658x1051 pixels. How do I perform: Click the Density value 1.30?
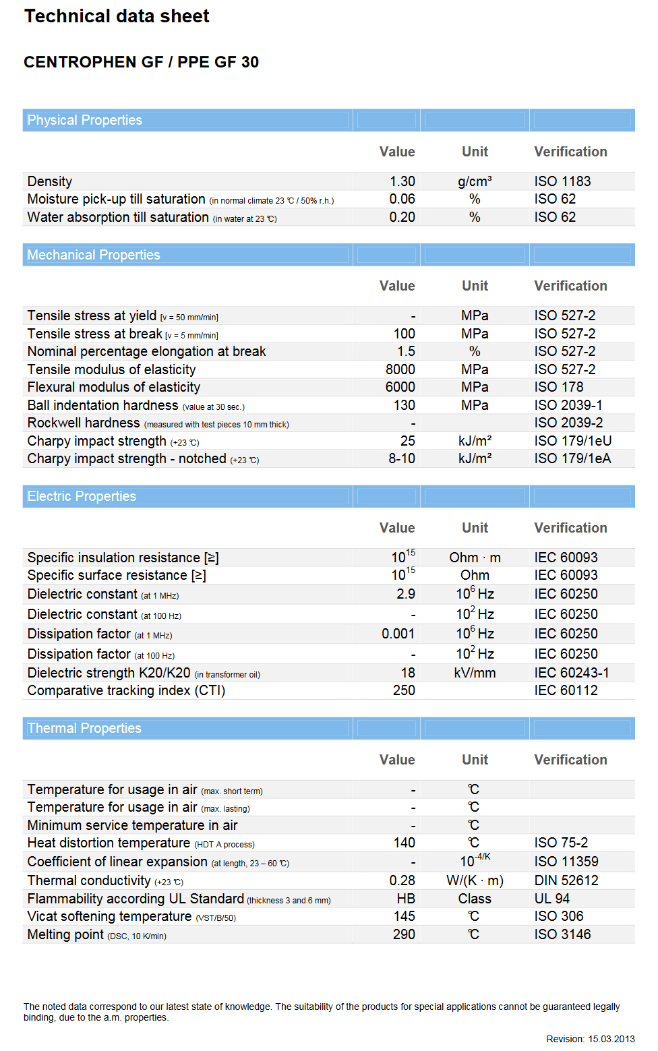[x=402, y=181]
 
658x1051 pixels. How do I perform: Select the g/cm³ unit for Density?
[x=475, y=181]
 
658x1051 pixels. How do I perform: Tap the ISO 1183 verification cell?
[x=562, y=181]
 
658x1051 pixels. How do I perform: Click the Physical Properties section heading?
[x=85, y=120]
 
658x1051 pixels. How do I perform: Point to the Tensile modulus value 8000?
[x=400, y=369]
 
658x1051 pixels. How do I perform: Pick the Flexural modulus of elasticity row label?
[x=114, y=387]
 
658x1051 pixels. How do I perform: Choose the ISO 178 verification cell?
[x=559, y=387]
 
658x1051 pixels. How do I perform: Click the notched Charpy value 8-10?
[x=402, y=458]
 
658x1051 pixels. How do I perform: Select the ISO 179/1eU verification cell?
[x=573, y=441]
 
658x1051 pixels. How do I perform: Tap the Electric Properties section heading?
[x=82, y=496]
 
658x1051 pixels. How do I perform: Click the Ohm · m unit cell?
[x=475, y=558]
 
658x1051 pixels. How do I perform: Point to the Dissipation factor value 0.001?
[x=398, y=634]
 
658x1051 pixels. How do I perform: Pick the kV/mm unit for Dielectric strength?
[x=475, y=673]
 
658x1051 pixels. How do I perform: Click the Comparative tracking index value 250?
[x=404, y=690]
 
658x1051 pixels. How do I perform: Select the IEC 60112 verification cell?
[x=566, y=690]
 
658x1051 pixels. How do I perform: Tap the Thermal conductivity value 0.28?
[x=402, y=880]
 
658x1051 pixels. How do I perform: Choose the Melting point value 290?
[x=404, y=934]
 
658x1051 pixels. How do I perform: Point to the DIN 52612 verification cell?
[x=566, y=880]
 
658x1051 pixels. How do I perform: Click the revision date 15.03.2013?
[x=611, y=1039]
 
